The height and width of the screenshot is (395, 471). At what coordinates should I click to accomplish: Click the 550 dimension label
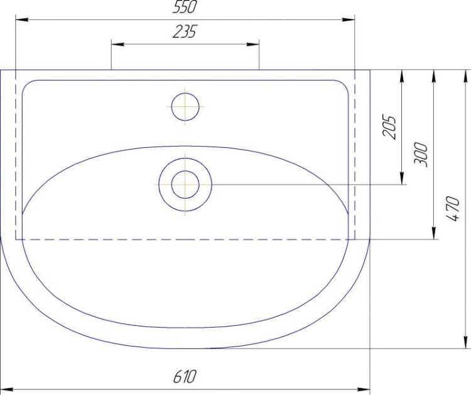click(x=185, y=7)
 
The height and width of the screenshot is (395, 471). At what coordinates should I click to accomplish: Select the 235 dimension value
click(x=185, y=31)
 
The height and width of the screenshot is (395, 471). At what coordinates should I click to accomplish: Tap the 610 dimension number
click(x=185, y=376)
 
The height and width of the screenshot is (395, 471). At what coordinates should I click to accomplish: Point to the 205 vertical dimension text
click(x=389, y=127)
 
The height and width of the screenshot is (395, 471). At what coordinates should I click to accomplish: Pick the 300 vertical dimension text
click(x=421, y=154)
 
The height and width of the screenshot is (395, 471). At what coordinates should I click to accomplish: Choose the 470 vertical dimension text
click(x=452, y=209)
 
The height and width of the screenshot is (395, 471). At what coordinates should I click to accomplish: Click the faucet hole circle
click(x=185, y=107)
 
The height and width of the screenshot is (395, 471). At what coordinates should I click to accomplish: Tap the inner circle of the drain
click(x=185, y=185)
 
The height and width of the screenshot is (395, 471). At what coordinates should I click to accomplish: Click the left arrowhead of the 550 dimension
click(x=22, y=20)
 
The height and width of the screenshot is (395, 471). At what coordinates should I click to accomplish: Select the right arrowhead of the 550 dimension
click(x=349, y=20)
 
